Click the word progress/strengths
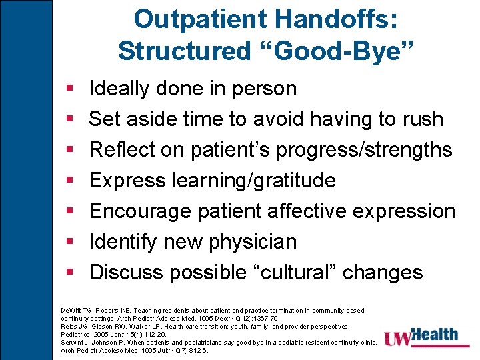tap(364, 150)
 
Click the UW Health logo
tap(424, 337)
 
